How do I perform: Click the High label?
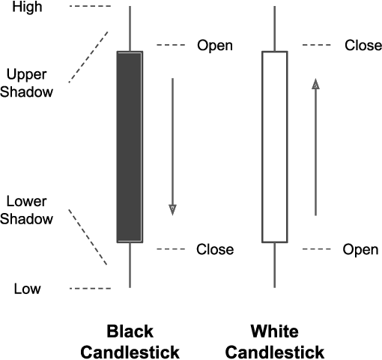pos(28,7)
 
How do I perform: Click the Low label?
pos(28,289)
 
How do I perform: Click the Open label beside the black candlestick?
pos(215,46)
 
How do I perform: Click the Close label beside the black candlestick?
pos(215,249)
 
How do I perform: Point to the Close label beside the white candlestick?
pos(363,46)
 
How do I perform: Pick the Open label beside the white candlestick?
pos(361,249)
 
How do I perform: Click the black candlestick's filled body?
pos(130,146)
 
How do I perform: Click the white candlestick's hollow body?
pos(274,146)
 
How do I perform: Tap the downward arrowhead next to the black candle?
pos(172,209)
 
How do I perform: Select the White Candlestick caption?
pos(274,342)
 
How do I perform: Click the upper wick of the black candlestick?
pos(130,28)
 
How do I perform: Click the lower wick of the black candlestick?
pos(130,265)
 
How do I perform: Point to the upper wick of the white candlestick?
pos(274,28)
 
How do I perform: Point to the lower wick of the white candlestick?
pos(274,265)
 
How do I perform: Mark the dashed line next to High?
pos(89,7)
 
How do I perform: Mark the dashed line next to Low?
pos(89,289)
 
